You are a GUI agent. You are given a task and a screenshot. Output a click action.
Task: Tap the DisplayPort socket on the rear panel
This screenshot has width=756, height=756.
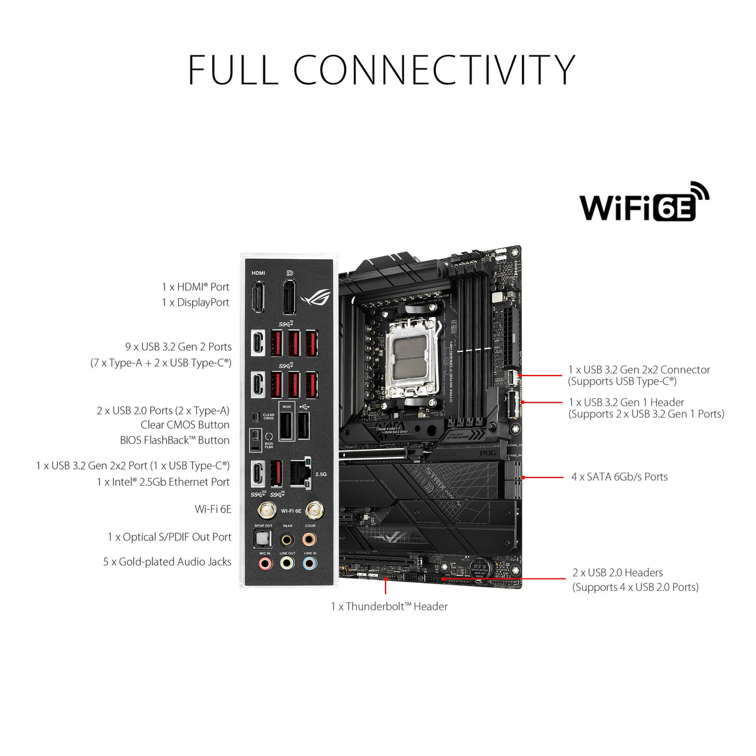(x=289, y=297)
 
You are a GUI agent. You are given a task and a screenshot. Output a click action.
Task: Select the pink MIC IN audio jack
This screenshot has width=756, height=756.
(x=265, y=564)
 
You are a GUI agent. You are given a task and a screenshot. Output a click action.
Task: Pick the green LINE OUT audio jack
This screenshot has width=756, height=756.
(x=287, y=564)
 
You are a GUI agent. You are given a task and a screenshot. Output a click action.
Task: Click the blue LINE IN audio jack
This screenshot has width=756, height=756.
(x=309, y=564)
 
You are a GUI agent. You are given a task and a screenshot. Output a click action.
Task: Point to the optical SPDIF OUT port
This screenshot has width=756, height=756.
(x=263, y=538)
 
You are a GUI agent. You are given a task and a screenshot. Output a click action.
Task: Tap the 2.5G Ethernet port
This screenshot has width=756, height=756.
(x=301, y=474)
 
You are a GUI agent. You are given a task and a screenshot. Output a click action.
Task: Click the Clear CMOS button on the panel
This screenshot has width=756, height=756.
(x=255, y=417)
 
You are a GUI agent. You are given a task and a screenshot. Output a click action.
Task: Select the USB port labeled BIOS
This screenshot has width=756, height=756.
(x=286, y=426)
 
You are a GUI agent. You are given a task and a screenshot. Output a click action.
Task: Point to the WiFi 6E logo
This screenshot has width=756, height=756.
(x=644, y=202)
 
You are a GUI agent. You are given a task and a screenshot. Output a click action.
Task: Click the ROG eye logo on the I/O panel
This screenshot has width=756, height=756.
(x=316, y=298)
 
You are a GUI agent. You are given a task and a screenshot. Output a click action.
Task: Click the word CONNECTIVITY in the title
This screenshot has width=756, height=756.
(x=434, y=70)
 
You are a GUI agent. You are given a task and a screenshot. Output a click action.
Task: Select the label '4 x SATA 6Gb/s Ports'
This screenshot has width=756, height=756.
(x=619, y=477)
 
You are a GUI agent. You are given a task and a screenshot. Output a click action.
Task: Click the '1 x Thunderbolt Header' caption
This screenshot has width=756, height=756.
(x=389, y=607)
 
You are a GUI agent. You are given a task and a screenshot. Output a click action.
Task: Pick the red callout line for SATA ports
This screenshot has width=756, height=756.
(x=543, y=478)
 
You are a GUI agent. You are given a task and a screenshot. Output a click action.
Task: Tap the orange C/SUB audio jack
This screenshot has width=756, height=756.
(x=309, y=539)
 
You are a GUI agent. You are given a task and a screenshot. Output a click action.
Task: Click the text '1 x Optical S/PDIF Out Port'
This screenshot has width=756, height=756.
(x=169, y=537)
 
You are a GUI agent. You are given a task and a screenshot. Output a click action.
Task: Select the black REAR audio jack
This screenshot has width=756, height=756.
(x=287, y=539)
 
